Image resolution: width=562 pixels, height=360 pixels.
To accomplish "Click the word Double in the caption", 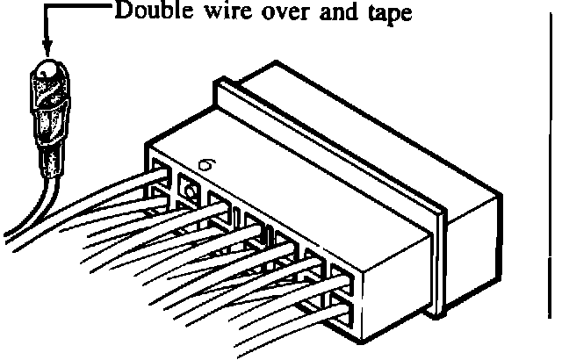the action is (x=144, y=16).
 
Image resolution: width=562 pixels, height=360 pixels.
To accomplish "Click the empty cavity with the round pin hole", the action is (x=189, y=186).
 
